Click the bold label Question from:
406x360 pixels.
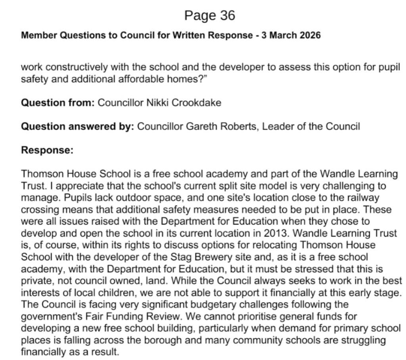point(57,103)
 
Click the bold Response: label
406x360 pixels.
point(47,150)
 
